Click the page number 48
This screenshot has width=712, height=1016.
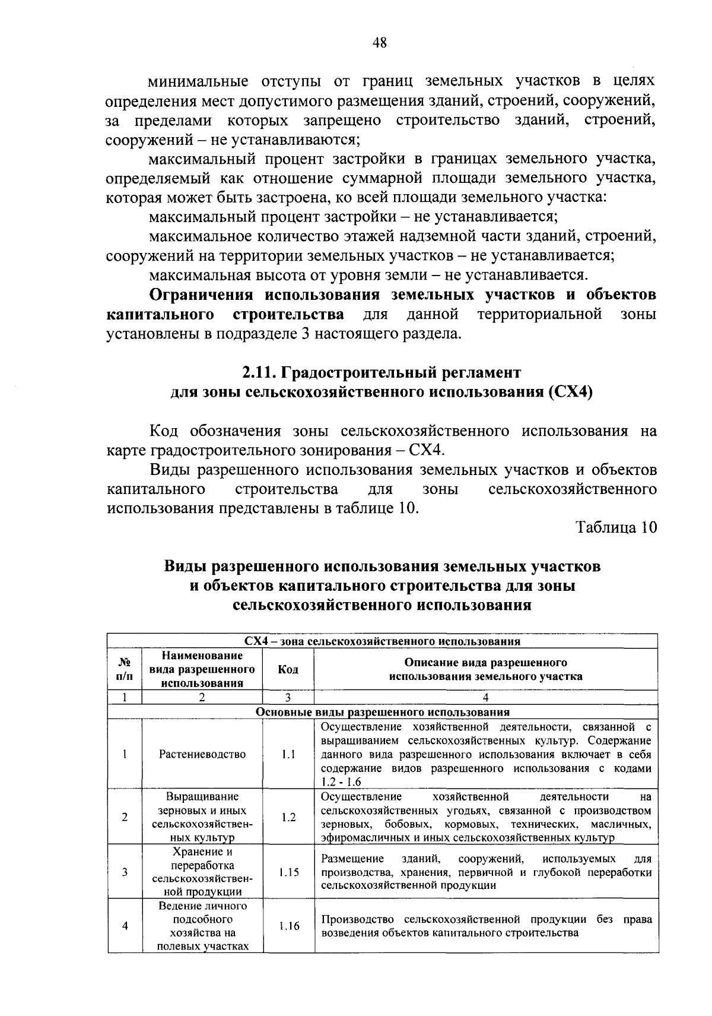pos(380,42)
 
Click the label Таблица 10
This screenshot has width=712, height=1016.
pos(616,527)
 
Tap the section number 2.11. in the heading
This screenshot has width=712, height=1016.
pos(259,373)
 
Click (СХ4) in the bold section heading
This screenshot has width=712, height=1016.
pos(571,393)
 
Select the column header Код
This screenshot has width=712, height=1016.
pos(288,669)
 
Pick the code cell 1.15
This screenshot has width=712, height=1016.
pos(288,872)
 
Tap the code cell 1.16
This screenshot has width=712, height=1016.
pos(288,926)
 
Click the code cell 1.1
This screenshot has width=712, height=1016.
pos(288,754)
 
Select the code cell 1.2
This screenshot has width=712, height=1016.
pos(288,817)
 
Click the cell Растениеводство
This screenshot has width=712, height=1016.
pos(202,754)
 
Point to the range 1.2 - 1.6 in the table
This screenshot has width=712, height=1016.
pos(341,782)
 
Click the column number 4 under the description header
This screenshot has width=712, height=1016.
pos(485,698)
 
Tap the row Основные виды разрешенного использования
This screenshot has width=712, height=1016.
pos(382,712)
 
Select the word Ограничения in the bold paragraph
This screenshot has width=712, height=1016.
pos(201,295)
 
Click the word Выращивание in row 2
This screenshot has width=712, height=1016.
pos(202,796)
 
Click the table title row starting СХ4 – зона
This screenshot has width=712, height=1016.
pos(382,641)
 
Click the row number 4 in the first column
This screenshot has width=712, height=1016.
pos(125,926)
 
